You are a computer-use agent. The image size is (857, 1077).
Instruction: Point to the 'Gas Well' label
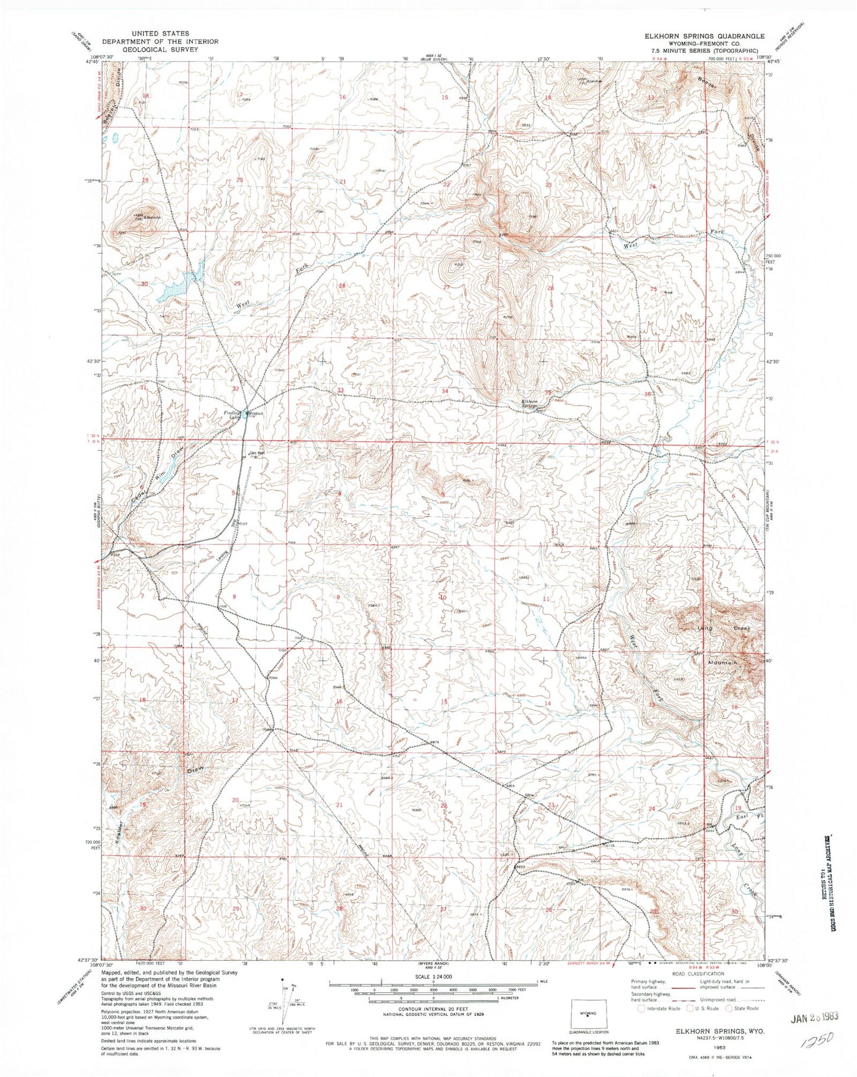coord(256,453)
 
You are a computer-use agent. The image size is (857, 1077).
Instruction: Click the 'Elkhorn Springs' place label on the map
coord(529,404)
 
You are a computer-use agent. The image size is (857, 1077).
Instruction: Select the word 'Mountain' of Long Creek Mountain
coord(721,662)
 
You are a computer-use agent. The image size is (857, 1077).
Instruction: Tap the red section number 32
coord(235,389)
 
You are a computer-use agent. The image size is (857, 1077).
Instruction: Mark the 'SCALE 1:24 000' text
coord(432,977)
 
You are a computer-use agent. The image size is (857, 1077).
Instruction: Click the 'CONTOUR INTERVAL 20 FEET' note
coord(432,1014)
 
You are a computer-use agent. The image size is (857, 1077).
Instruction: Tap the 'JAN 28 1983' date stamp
coord(815,1017)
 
